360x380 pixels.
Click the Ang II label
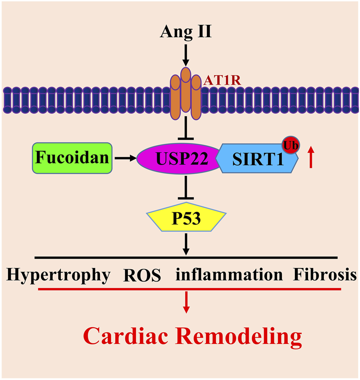[x=185, y=32]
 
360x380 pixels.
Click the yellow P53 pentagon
[x=185, y=220]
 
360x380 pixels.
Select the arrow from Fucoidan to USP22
[x=125, y=159]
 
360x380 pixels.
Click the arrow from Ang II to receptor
[x=185, y=55]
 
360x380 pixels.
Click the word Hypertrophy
[x=58, y=275]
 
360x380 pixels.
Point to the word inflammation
[x=229, y=275]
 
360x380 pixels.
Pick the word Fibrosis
[x=325, y=275]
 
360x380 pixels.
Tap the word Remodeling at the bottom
[x=237, y=337]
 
